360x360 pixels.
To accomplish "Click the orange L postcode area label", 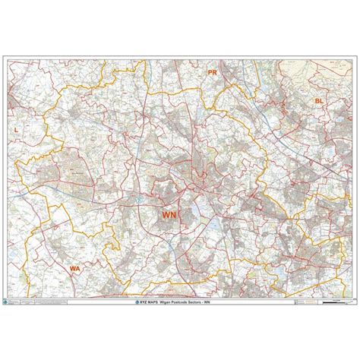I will pos(16,130).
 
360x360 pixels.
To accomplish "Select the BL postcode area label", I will pos(320,100).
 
